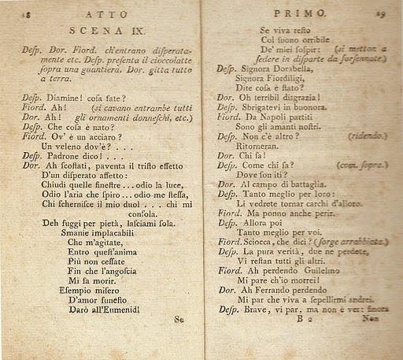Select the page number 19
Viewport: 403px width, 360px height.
[380, 12]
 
